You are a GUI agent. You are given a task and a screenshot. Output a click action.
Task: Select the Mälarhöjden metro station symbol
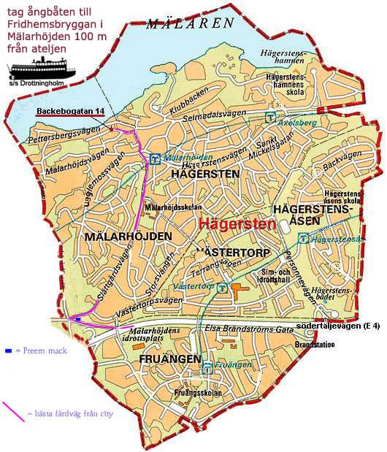[154, 158]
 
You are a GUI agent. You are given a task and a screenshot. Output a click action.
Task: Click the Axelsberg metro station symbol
[270, 116]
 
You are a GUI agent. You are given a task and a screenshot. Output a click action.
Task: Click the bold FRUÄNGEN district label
[166, 359]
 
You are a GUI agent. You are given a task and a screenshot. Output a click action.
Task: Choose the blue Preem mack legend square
[7, 351]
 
